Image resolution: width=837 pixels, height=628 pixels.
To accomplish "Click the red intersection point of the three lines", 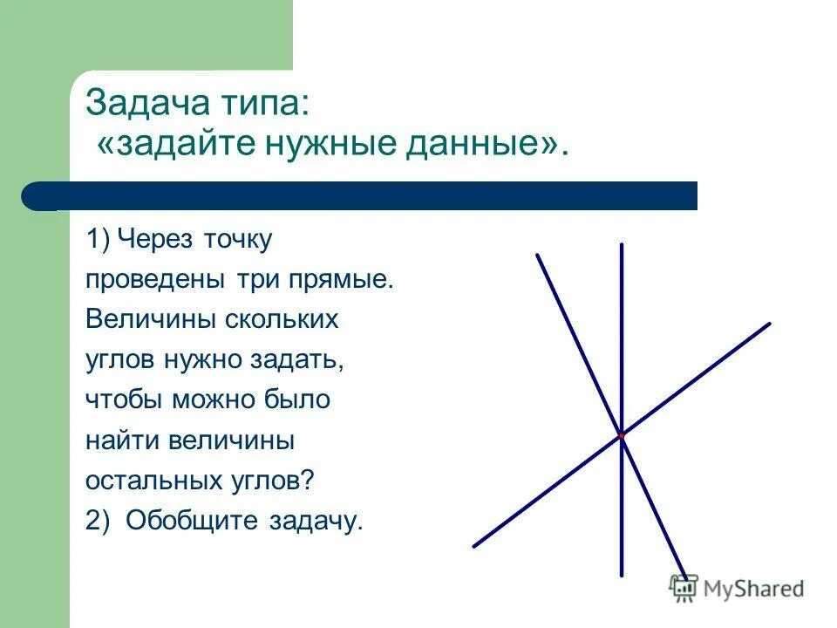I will (x=622, y=433).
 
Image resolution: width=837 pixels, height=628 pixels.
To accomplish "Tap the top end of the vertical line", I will (x=622, y=246).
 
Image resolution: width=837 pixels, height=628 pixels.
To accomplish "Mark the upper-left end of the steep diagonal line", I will (x=538, y=256).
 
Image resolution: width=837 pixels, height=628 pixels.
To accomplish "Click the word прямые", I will (x=342, y=280).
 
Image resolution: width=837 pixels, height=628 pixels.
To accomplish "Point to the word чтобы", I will (x=125, y=400).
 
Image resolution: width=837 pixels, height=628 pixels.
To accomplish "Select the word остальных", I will (x=155, y=481).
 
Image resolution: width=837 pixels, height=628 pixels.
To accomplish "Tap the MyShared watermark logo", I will (x=736, y=589).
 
